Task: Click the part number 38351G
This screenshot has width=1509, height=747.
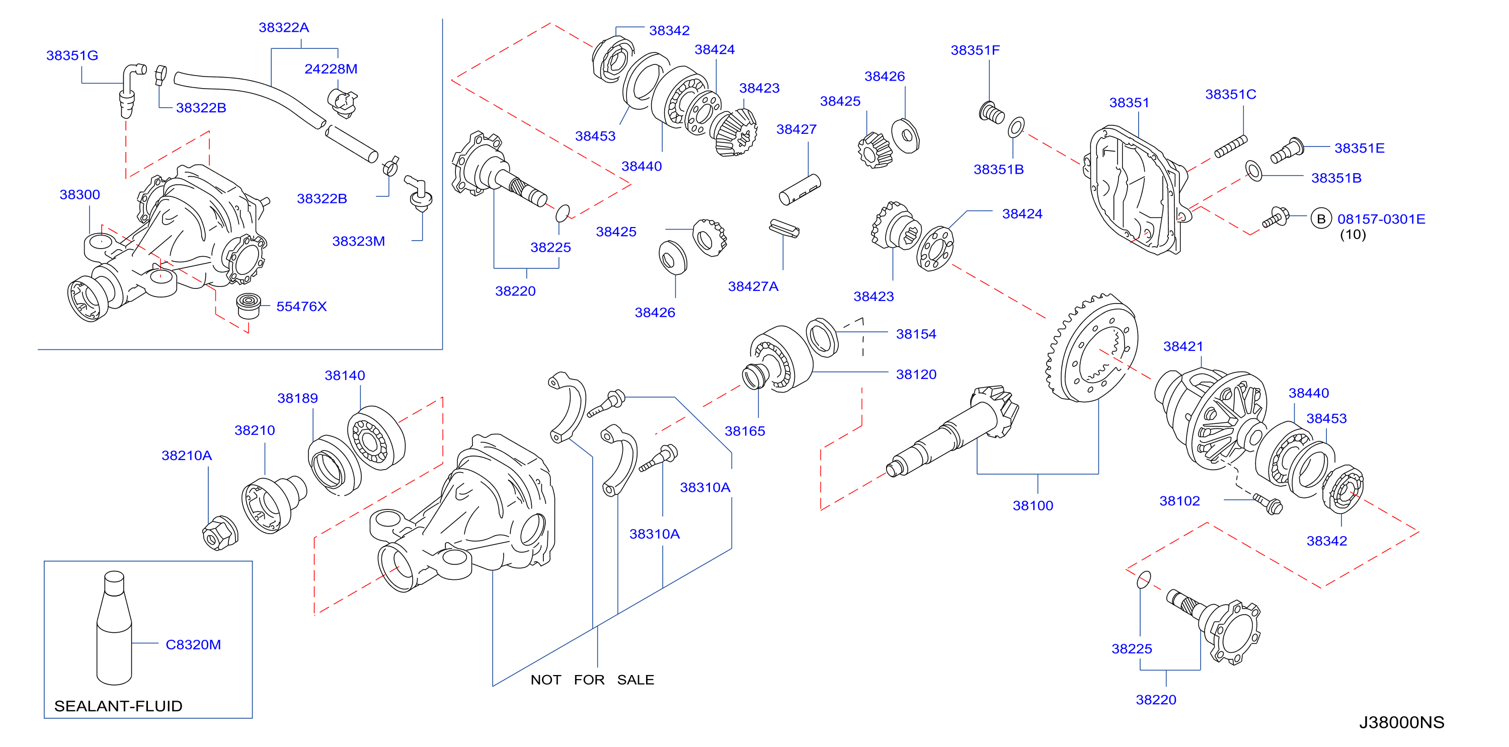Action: tap(72, 56)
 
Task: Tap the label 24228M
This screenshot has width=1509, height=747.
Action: tap(331, 69)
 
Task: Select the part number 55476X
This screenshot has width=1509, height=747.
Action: tap(301, 307)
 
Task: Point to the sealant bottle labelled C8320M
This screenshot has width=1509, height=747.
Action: tap(114, 628)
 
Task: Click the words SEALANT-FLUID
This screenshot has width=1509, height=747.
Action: tap(118, 706)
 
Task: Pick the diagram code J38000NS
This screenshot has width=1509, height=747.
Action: tap(1401, 722)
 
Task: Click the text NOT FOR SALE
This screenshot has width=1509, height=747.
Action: tap(592, 680)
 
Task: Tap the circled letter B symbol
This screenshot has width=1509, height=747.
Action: tap(1321, 219)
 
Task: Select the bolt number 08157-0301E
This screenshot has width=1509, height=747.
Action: tap(1381, 219)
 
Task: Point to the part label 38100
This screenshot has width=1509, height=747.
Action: tap(1033, 505)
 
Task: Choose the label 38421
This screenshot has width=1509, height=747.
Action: tap(1183, 346)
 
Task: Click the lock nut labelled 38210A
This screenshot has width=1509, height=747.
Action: tap(220, 533)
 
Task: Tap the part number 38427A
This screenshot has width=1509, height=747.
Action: tap(753, 286)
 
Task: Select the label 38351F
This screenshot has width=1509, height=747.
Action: tap(975, 50)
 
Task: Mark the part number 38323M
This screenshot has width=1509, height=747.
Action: tap(358, 242)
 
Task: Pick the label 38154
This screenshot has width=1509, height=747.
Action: tap(916, 334)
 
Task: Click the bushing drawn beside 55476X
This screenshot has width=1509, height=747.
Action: tap(249, 305)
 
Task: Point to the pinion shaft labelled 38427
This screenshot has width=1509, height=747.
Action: tap(800, 190)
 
